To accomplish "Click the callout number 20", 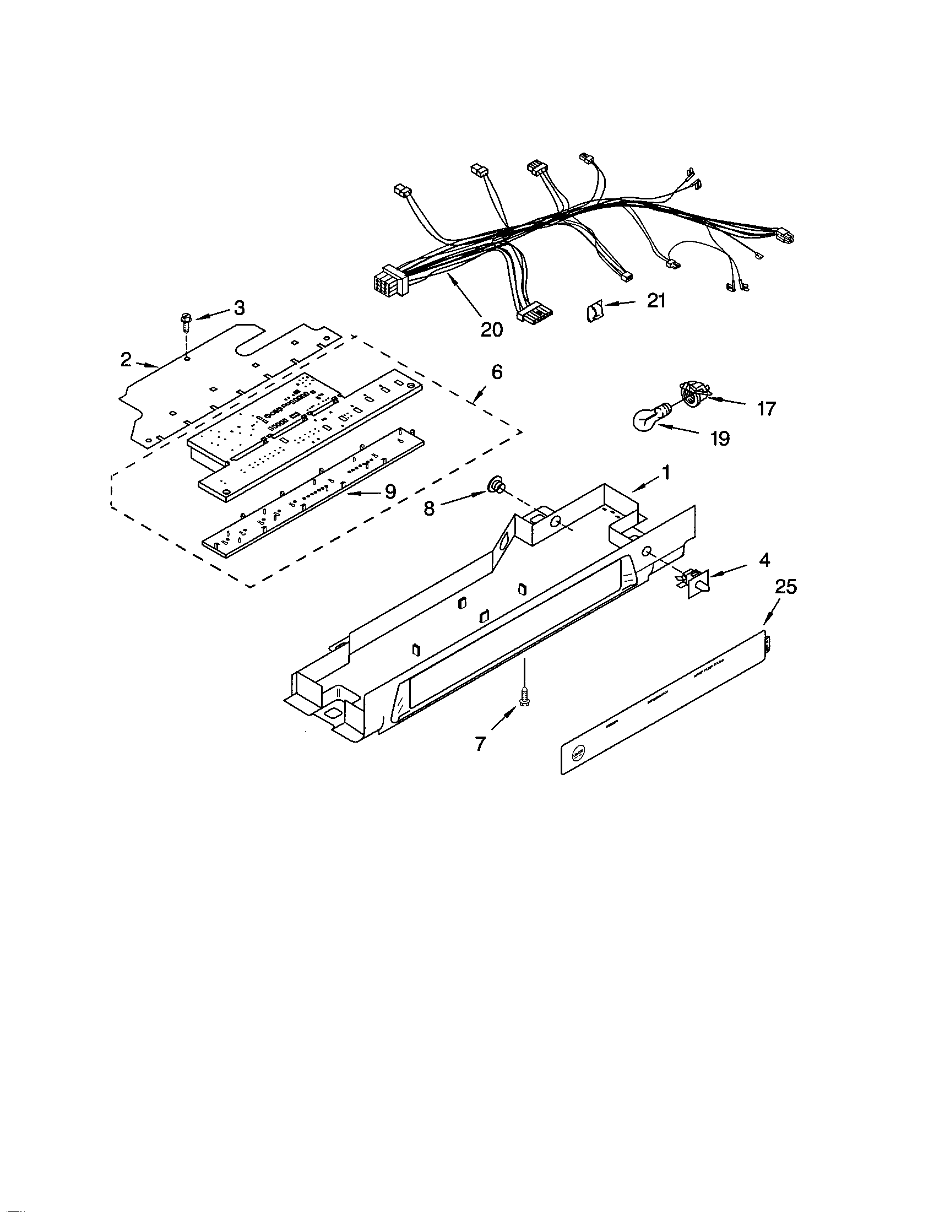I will click(491, 329).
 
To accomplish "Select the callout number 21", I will click(656, 301).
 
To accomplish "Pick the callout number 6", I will click(497, 372).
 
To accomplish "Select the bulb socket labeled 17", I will click(691, 394).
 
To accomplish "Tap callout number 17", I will click(767, 409).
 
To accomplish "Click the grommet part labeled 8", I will click(493, 487).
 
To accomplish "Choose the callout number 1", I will click(666, 473).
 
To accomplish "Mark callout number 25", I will click(786, 587).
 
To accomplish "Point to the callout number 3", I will click(239, 309).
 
